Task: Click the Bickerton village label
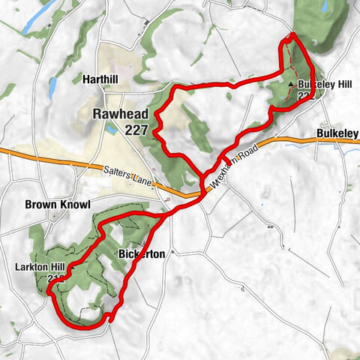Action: pos(142,255)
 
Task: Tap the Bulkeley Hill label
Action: pos(324,84)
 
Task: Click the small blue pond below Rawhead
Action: pos(112,129)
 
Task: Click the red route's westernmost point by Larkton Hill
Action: pos(50,293)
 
